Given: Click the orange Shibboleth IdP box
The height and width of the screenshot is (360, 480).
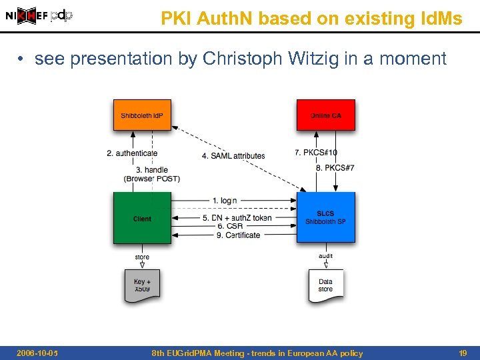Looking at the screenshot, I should click(142, 115).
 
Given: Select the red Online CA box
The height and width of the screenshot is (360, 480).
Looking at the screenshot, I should click(325, 115).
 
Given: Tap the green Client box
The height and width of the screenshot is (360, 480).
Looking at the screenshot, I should click(142, 218).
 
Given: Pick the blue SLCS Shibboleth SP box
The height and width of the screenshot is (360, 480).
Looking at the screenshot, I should click(325, 217).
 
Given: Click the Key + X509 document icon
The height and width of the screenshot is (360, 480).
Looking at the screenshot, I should click(142, 285).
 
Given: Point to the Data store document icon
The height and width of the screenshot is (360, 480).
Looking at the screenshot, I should click(325, 285).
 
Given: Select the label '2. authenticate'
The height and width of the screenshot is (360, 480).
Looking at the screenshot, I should click(132, 153).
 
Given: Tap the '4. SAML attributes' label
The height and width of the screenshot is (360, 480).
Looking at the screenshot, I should click(233, 155).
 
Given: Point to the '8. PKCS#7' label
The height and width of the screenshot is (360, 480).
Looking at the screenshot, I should click(335, 167).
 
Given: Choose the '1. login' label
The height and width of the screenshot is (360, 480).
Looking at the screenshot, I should click(225, 201).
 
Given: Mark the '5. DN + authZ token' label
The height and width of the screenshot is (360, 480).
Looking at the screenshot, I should click(237, 218).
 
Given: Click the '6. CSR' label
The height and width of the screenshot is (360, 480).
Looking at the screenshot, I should click(230, 226).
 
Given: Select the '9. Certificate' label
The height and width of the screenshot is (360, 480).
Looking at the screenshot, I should click(238, 235).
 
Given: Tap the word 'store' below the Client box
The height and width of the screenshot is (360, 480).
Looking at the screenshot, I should click(142, 257).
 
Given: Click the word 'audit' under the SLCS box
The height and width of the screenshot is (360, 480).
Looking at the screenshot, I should click(325, 255).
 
